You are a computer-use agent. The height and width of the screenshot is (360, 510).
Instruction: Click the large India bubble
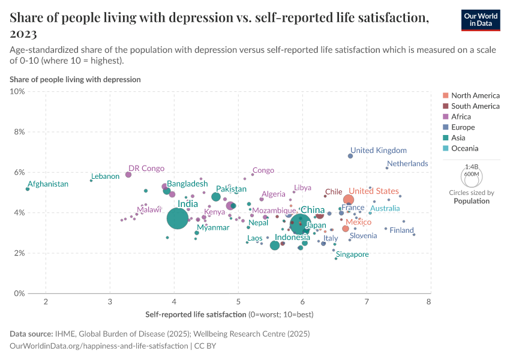(x=178, y=218)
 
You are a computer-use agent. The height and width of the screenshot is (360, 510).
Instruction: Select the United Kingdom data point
(x=350, y=156)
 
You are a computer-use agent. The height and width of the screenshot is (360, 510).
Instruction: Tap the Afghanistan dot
(x=28, y=189)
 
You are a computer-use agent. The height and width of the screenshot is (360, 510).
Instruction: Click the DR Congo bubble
(x=128, y=175)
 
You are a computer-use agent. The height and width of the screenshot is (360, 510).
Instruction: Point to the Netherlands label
(x=407, y=163)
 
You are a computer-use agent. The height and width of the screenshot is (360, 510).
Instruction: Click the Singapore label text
(x=352, y=254)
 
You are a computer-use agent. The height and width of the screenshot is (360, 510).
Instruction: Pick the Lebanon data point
(x=91, y=180)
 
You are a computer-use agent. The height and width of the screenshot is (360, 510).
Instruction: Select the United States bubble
(x=349, y=200)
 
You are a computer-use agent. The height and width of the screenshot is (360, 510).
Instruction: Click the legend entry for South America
(x=475, y=106)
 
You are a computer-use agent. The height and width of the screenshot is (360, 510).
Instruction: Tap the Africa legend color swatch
(x=445, y=117)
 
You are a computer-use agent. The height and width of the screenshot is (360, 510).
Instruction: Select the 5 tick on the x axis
(x=238, y=301)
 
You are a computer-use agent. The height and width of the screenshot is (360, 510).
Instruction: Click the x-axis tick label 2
(x=46, y=301)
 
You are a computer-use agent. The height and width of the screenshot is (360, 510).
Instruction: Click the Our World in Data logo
(x=481, y=20)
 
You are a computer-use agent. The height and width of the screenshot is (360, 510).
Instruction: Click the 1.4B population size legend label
(x=471, y=167)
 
